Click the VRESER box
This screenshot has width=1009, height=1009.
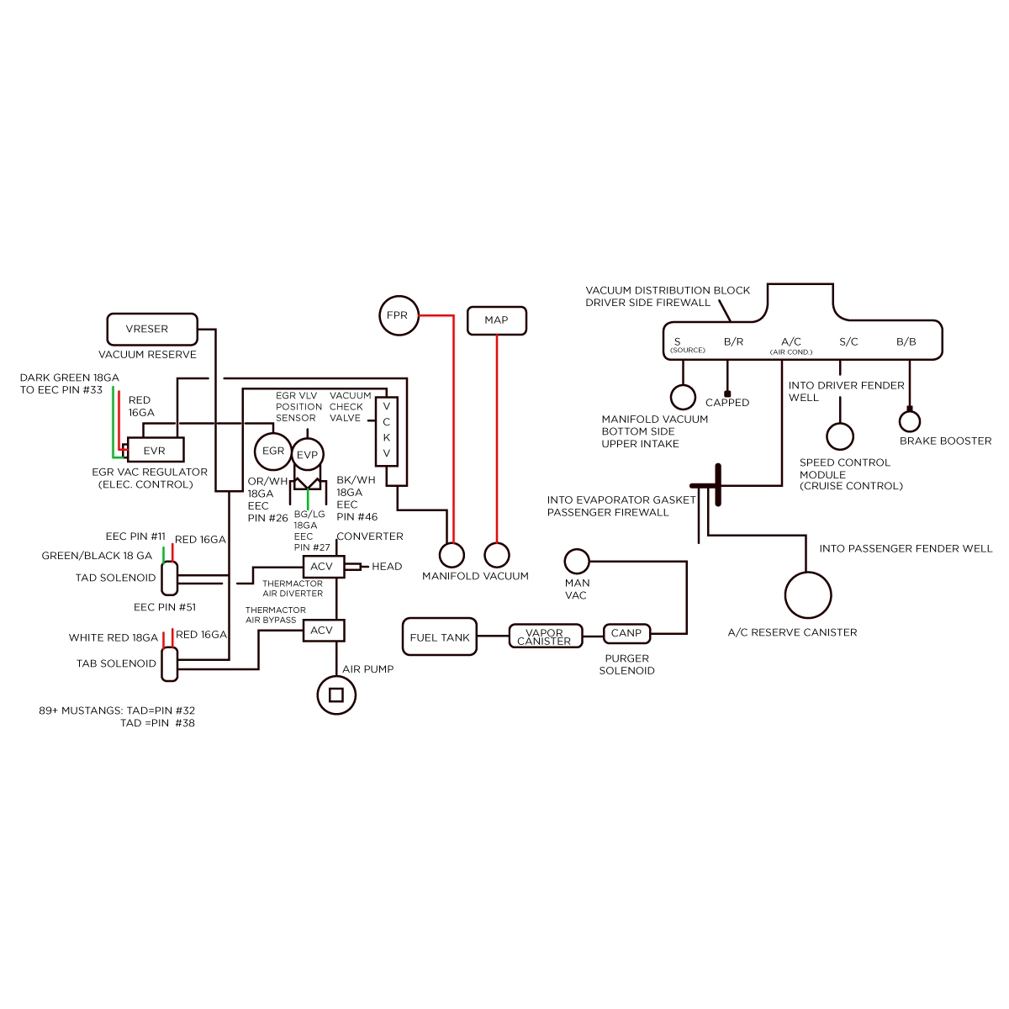152,330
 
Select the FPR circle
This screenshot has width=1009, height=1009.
399,316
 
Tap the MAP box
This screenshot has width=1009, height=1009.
496,320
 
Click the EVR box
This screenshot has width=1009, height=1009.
156,450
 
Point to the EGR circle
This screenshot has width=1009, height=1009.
272,452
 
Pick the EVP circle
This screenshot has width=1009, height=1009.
308,455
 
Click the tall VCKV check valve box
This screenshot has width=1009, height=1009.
387,431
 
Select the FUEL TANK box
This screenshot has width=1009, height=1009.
439,637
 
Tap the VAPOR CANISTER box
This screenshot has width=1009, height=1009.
545,637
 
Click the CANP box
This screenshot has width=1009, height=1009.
626,634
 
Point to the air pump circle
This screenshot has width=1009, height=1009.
336,695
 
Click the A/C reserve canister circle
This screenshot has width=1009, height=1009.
808,594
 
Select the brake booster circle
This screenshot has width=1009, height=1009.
910,421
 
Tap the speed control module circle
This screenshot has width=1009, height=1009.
840,436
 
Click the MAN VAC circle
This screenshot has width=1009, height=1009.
577,562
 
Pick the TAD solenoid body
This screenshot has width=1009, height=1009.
170,578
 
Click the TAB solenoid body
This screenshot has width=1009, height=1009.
170,664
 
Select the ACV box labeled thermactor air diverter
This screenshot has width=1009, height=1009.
324,567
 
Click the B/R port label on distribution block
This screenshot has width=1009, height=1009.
733,342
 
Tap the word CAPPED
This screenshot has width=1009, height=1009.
727,403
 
